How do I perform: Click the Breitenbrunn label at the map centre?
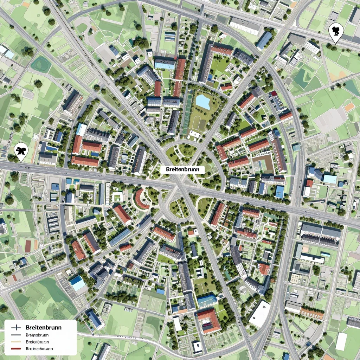[185, 169]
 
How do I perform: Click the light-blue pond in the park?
[203, 101]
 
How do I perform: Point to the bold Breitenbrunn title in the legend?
[44, 328]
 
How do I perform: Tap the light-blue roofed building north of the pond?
[165, 65]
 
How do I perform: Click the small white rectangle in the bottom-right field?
[341, 341]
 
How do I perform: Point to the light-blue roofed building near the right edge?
[329, 179]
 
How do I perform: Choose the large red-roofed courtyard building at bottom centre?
[209, 320]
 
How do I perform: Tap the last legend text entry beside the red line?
[39, 349]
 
